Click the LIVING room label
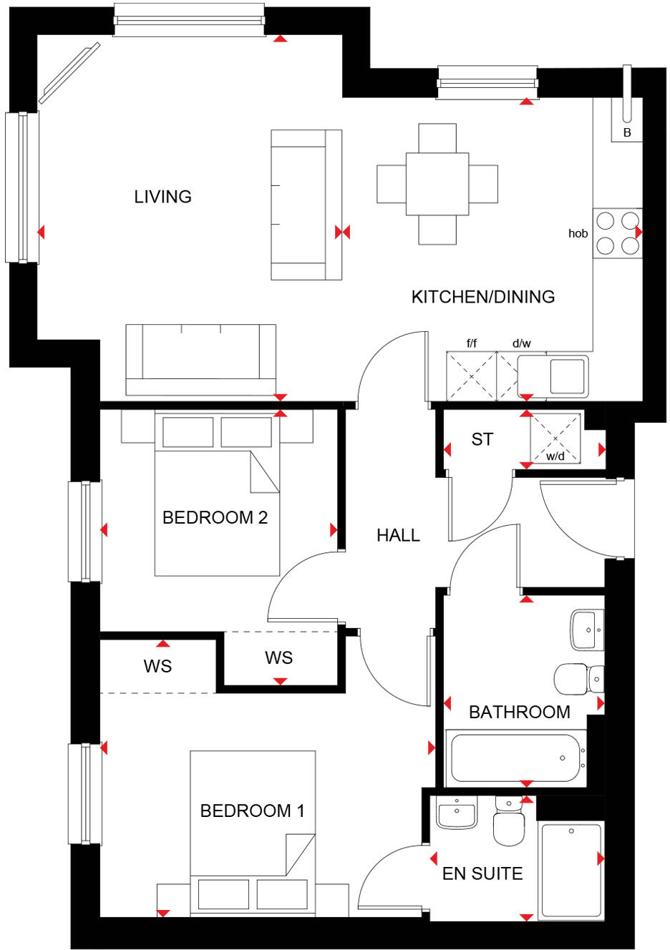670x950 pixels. [162, 197]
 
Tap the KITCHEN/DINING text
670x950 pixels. [482, 297]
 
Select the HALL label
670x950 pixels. [398, 535]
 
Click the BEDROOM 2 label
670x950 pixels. [215, 517]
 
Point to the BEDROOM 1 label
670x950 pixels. [252, 811]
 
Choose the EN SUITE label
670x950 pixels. [482, 873]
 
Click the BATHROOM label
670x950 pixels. [519, 712]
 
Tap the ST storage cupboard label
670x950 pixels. [482, 439]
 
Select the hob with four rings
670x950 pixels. [617, 233]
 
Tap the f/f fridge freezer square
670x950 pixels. [471, 376]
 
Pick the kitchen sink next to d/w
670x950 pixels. [566, 376]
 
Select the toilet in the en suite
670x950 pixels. [508, 823]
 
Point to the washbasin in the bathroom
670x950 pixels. [587, 630]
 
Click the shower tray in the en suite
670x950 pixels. [571, 870]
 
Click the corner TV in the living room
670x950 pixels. [69, 73]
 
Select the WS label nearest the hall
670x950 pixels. [278, 658]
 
